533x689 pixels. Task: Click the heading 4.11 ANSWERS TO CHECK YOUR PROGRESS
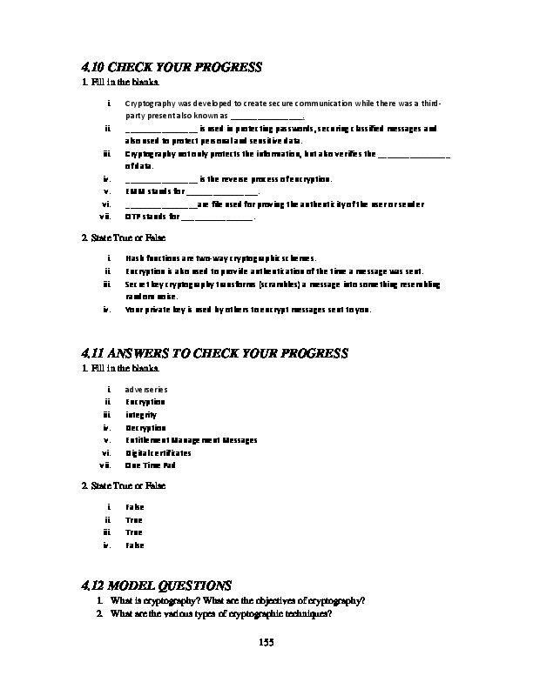pos(214,353)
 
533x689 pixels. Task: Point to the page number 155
pos(266,642)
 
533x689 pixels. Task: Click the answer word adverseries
pos(146,390)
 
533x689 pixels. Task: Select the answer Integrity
pos(141,415)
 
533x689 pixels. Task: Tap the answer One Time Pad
pos(151,465)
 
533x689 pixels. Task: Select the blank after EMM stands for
pos(222,191)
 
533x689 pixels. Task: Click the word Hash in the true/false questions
pos(134,258)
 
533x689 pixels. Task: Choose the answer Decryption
pos(145,428)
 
